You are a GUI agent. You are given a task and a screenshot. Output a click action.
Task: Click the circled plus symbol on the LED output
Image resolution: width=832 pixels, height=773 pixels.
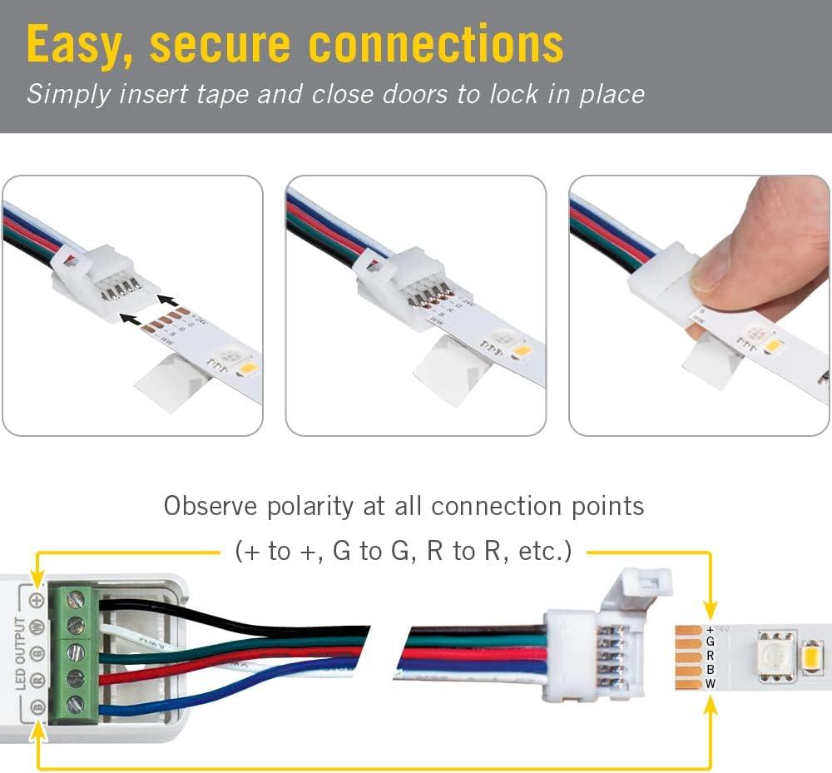click(37, 599)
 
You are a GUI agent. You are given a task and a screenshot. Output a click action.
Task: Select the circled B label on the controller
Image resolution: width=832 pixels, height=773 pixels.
click(37, 707)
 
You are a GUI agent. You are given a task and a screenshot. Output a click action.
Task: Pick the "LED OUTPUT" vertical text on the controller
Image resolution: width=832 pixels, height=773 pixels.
click(21, 653)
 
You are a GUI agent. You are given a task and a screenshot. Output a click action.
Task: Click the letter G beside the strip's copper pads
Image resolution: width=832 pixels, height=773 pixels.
click(710, 642)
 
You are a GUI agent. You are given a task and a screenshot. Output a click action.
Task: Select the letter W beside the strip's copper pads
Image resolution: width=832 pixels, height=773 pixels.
click(710, 683)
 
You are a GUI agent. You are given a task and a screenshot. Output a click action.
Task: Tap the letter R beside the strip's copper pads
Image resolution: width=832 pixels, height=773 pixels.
click(710, 656)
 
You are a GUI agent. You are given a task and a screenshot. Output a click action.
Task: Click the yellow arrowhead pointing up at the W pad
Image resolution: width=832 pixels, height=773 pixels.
click(710, 707)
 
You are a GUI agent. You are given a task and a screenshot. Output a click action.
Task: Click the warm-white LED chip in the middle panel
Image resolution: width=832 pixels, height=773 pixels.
click(521, 351)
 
